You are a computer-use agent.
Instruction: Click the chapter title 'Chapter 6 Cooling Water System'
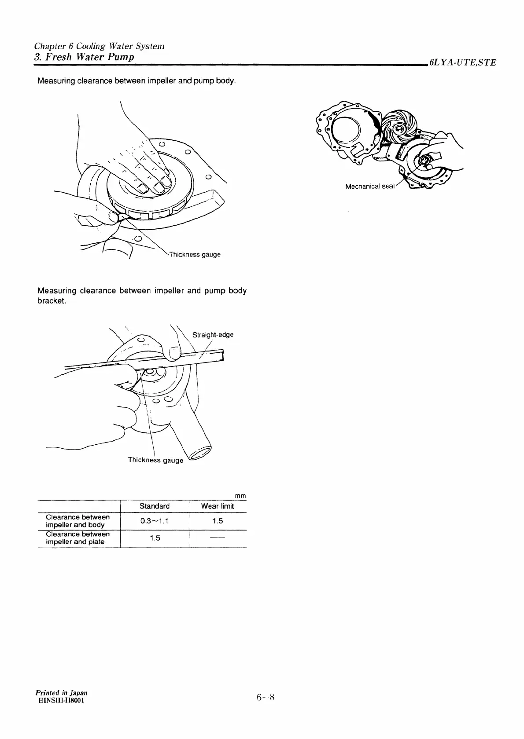click(99, 46)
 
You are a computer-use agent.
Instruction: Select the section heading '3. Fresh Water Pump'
click(84, 57)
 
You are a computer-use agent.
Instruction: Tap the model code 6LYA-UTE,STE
click(462, 62)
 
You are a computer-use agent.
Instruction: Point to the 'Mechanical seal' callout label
click(369, 187)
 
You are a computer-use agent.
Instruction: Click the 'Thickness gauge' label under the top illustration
click(195, 255)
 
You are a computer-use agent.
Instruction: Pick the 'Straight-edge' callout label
click(213, 335)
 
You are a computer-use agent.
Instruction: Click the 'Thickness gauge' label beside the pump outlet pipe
click(155, 460)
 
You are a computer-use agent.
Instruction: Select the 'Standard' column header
click(154, 506)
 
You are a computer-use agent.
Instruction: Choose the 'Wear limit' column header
click(218, 506)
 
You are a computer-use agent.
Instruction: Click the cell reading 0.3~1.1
click(154, 521)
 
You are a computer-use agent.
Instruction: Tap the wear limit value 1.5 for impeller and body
click(218, 521)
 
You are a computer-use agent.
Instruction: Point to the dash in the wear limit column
click(218, 538)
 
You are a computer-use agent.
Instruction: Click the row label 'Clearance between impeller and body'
click(77, 521)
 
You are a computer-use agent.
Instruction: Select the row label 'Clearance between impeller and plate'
click(77, 538)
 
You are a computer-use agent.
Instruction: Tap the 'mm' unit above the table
click(240, 496)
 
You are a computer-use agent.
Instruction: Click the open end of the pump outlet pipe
click(200, 455)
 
